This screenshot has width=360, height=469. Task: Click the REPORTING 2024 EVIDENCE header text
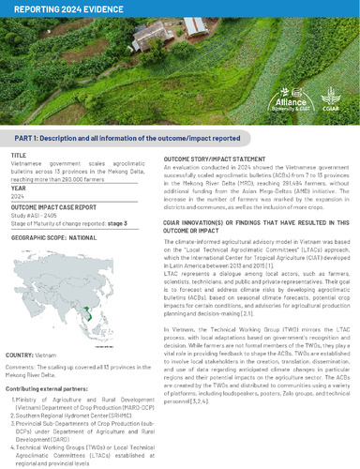click(x=57, y=8)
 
